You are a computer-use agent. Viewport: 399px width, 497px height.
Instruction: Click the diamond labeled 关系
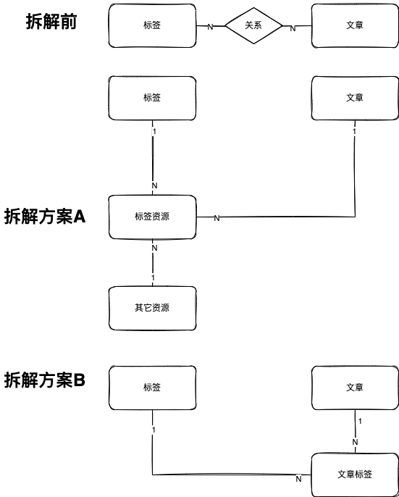[x=253, y=25]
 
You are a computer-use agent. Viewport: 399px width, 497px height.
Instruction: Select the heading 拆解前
[x=51, y=22]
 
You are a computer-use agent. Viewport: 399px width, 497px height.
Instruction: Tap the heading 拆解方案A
[x=45, y=217]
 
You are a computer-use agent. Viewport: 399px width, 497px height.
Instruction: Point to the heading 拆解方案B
[x=45, y=380]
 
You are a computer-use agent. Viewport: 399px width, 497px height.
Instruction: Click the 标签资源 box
[x=153, y=217]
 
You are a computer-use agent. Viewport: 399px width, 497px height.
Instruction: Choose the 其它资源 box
[x=153, y=308]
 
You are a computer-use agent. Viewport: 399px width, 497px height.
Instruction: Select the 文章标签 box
[x=355, y=475]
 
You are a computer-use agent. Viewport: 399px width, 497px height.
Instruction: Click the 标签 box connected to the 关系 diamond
[x=153, y=25]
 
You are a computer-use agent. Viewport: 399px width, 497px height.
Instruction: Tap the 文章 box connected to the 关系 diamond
[x=355, y=25]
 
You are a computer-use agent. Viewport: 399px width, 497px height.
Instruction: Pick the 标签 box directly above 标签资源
[x=153, y=99]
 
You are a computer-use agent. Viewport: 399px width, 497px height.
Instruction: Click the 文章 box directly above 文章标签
[x=355, y=388]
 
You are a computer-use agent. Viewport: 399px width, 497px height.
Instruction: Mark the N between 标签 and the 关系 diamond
[x=210, y=28]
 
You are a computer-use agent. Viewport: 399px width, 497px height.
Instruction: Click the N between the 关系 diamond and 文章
[x=293, y=28]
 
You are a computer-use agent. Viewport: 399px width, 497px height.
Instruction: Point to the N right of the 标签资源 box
[x=217, y=218]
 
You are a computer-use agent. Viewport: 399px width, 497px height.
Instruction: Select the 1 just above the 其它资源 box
[x=153, y=277]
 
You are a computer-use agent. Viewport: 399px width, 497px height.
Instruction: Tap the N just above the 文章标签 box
[x=355, y=442]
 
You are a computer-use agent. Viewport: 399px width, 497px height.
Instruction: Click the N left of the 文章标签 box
[x=298, y=480]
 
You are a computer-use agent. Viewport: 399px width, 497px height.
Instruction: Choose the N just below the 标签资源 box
[x=154, y=248]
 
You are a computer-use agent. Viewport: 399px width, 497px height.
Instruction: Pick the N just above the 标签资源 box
[x=154, y=185]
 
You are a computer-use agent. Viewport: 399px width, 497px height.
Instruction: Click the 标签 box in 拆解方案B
[x=153, y=388]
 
